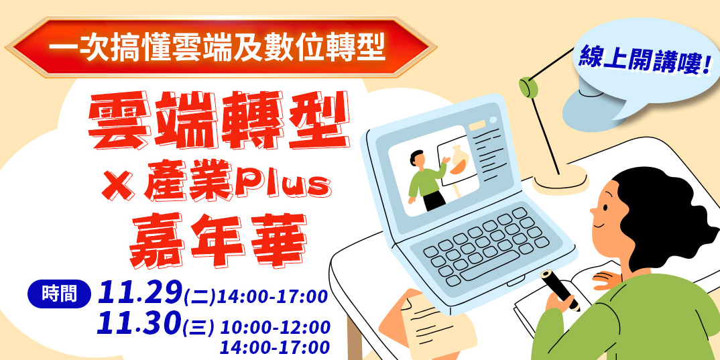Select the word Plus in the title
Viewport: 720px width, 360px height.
coord(292,182)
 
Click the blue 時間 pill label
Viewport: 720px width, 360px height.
coord(58,294)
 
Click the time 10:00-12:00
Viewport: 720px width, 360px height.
coord(275,327)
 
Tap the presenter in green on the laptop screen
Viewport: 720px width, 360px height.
coord(426,178)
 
